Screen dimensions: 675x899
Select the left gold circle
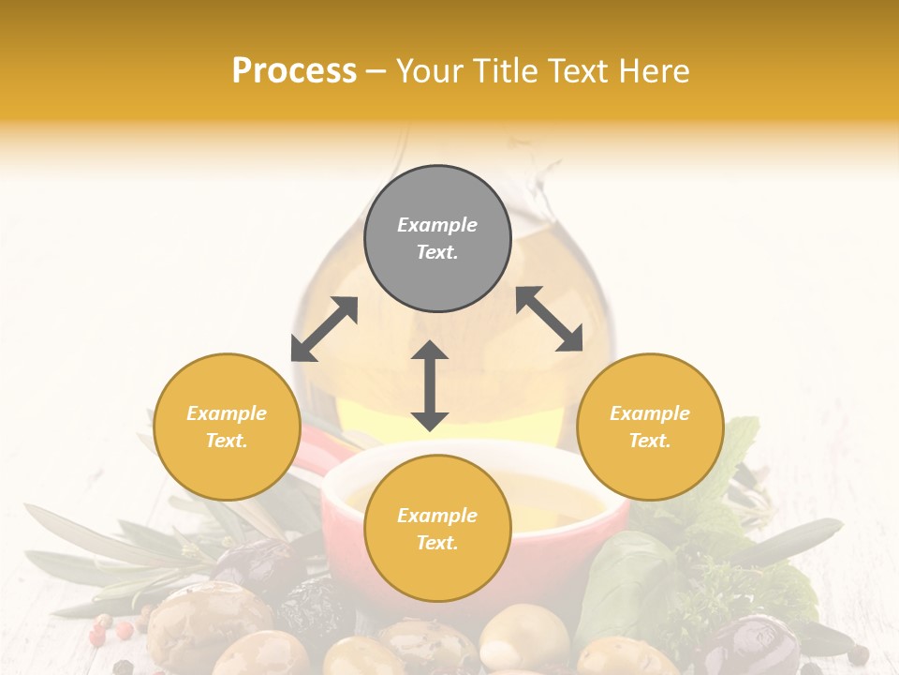[x=227, y=427]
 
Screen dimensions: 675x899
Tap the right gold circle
[x=650, y=427]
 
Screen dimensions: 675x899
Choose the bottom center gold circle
[x=437, y=529]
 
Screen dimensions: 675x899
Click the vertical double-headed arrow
[x=430, y=385]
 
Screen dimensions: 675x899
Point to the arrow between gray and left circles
[x=324, y=329]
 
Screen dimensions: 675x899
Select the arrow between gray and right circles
[x=549, y=319]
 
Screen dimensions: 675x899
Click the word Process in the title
[x=294, y=71]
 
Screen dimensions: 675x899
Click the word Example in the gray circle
[x=437, y=225]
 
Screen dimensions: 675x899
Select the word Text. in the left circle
[x=227, y=441]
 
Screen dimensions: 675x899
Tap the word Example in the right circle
[x=650, y=413]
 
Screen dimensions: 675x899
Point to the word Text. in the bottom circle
[x=437, y=543]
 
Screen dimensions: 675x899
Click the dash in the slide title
[x=376, y=71]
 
